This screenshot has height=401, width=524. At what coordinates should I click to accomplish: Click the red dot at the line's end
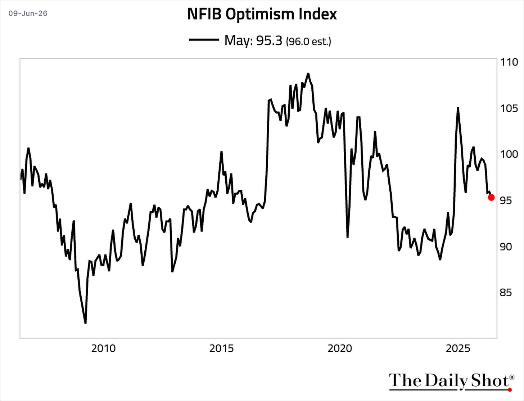tap(491, 197)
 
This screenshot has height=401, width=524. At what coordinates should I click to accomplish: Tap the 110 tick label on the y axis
tap(509, 62)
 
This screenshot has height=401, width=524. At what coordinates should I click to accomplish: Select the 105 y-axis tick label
tap(509, 109)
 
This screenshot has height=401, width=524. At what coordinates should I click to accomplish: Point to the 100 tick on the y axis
tap(509, 154)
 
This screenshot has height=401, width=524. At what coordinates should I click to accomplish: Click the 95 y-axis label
tap(506, 200)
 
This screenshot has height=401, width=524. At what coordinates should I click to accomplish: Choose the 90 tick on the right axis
tap(506, 247)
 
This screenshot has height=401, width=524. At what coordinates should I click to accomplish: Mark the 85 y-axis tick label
tap(506, 293)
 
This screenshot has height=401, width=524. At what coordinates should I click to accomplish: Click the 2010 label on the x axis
tap(103, 349)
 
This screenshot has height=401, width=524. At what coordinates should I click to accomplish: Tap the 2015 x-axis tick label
tap(222, 349)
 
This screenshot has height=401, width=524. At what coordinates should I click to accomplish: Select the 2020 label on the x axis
tap(340, 349)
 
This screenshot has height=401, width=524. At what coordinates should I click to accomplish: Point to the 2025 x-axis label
tap(458, 349)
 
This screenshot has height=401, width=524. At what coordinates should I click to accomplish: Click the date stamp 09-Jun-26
tap(28, 13)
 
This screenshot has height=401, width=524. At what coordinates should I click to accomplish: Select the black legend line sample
tap(204, 40)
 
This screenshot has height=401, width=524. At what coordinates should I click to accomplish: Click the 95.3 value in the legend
tap(269, 41)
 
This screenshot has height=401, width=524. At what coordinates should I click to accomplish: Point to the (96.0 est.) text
tap(308, 41)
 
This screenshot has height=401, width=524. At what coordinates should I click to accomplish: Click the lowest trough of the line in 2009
tap(85, 323)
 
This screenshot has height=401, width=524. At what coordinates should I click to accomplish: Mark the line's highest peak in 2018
tap(308, 73)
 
